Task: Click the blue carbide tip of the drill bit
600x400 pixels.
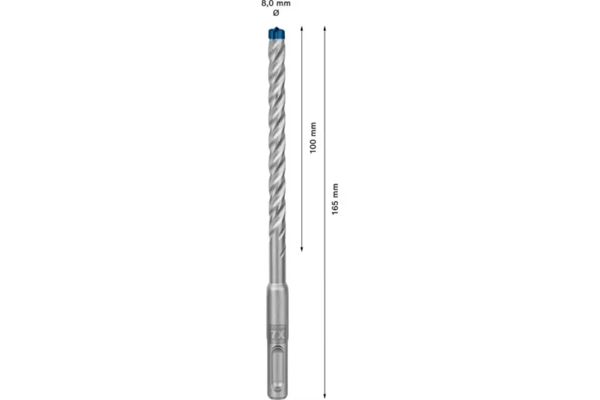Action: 275,33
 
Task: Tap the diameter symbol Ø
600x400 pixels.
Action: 275,13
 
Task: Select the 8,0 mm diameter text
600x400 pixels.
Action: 275,4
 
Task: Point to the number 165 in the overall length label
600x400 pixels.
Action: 335,208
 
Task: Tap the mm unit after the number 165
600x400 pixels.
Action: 335,190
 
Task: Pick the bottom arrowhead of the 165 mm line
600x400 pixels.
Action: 325,396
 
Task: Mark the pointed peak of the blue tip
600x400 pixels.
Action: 275,27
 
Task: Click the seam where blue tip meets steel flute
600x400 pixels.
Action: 275,40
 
